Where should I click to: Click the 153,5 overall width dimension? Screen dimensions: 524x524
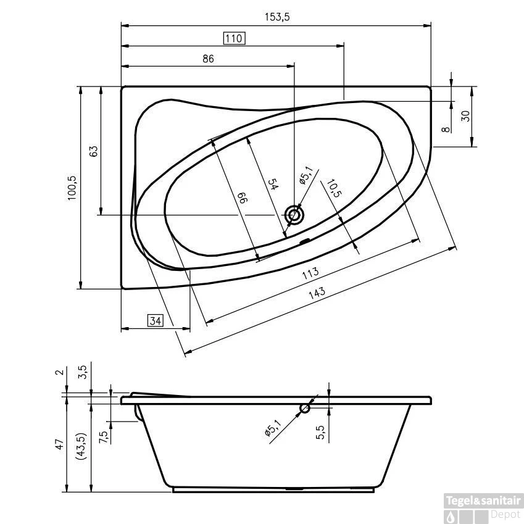tap(277, 17)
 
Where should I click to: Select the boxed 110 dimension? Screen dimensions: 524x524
tap(234, 38)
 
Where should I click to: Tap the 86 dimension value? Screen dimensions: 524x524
tap(208, 59)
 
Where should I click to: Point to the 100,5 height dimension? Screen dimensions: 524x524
tap(72, 188)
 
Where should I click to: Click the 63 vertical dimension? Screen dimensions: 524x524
tap(94, 151)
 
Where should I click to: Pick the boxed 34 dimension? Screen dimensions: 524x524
tap(156, 321)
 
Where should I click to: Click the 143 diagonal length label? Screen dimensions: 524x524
tap(317, 293)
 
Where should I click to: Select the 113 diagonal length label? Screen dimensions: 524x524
tap(310, 273)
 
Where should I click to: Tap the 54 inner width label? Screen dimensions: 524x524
tap(273, 185)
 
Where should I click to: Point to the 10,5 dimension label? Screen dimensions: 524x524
tap(333, 188)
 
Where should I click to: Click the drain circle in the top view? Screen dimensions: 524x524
tap(294, 215)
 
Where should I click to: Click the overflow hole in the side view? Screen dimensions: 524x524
tap(305, 408)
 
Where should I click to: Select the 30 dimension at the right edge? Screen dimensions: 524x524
tap(465, 116)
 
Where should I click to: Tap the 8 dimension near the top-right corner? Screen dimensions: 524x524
tap(446, 130)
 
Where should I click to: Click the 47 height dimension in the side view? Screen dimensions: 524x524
tap(60, 444)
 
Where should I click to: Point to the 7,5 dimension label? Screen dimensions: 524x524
tap(103, 437)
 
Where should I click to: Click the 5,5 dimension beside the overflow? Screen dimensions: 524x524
tap(320, 432)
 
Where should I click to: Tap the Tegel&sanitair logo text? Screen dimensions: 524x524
tap(483, 501)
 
